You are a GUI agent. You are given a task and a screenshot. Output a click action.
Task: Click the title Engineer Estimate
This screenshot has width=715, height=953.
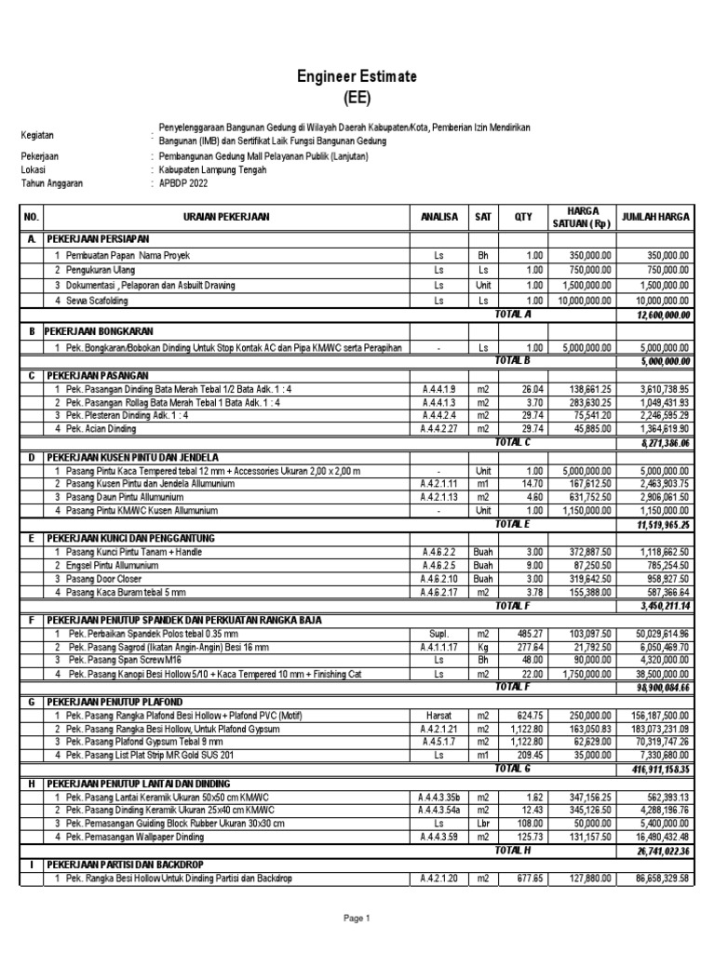[x=357, y=76]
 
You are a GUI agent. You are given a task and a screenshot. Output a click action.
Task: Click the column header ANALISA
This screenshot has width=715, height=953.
[x=439, y=216]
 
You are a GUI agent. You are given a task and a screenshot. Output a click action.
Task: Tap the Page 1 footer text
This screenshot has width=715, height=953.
[x=357, y=919]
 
